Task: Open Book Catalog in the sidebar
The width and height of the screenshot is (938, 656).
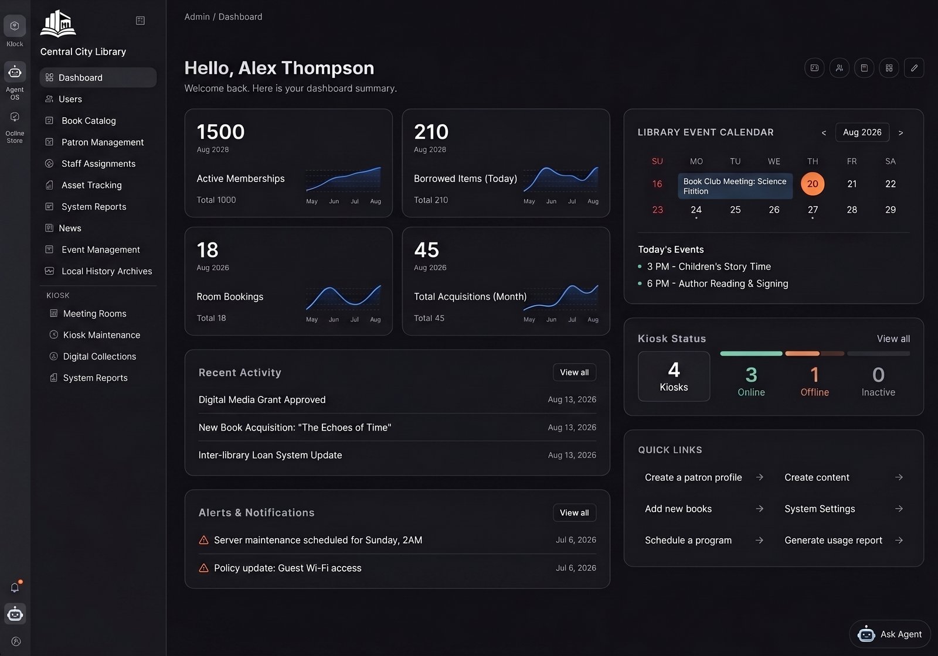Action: pos(89,121)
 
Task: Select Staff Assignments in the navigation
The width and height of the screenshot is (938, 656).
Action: pos(98,163)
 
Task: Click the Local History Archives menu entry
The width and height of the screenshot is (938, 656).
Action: pos(107,271)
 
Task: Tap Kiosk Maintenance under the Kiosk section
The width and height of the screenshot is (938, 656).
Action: pos(101,335)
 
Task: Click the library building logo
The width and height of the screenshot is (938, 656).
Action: pos(58,24)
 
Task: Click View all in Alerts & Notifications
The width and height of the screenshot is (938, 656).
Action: pos(574,512)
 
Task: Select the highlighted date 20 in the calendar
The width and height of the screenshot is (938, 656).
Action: pos(813,184)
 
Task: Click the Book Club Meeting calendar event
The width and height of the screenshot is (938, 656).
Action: pos(735,186)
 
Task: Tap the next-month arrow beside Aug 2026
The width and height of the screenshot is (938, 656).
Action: pos(900,132)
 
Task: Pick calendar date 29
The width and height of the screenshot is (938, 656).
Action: pos(891,210)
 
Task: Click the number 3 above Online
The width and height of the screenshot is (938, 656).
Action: pos(751,374)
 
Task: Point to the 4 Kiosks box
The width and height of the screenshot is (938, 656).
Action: pos(674,376)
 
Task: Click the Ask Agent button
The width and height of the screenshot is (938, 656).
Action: pos(889,634)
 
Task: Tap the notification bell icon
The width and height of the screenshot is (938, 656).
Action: pos(15,587)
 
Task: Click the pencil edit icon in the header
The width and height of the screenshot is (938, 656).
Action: pos(914,68)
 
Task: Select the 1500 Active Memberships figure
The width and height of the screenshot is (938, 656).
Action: pos(220,132)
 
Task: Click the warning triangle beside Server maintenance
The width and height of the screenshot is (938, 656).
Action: pos(203,540)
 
